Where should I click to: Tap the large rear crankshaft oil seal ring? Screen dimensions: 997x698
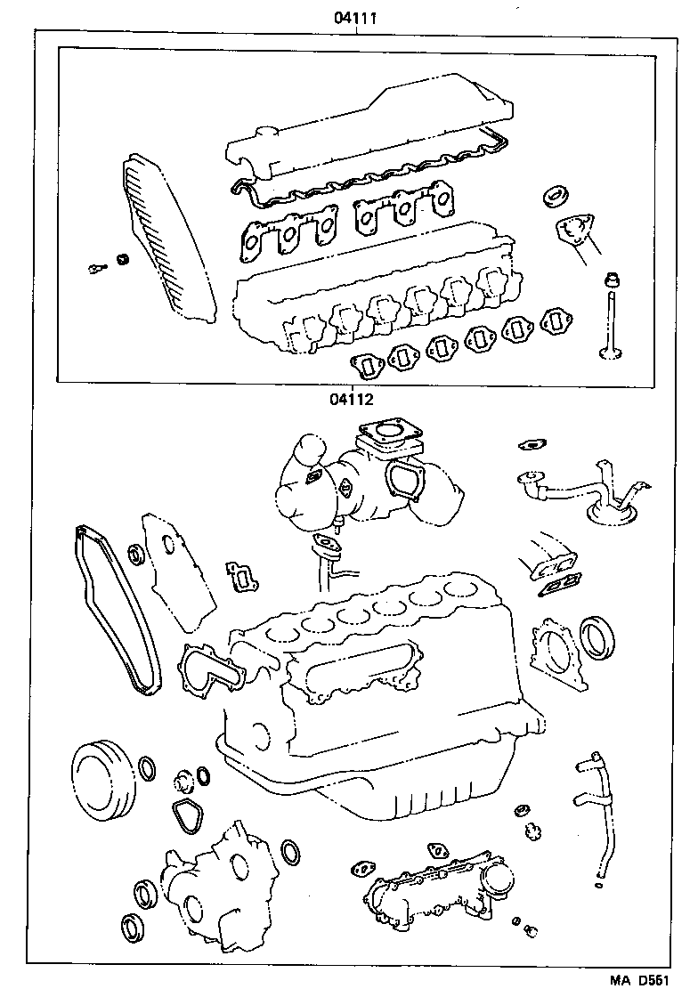(x=596, y=636)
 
